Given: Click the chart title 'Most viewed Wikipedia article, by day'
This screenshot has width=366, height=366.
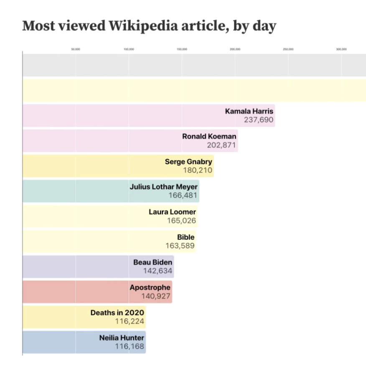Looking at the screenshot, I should pyautogui.click(x=149, y=26).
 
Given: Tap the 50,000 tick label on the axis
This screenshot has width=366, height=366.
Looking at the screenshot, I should pyautogui.click(x=76, y=49).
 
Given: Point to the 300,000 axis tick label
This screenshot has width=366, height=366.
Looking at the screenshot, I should pyautogui.click(x=341, y=49).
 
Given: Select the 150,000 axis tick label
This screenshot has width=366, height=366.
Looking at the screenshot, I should pyautogui.click(x=182, y=49).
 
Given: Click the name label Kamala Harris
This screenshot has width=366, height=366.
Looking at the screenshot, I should pyautogui.click(x=249, y=111).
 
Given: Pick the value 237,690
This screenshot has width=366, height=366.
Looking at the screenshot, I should pyautogui.click(x=259, y=120).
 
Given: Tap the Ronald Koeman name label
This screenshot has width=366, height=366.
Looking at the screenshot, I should pyautogui.click(x=209, y=136).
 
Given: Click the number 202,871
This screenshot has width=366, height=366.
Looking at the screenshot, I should pyautogui.click(x=221, y=145).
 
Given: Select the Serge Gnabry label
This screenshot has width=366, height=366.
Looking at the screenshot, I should pyautogui.click(x=188, y=161).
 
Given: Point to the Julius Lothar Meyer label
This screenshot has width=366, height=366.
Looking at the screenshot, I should pyautogui.click(x=163, y=187).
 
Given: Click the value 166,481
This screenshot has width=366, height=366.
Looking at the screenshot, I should pyautogui.click(x=183, y=196).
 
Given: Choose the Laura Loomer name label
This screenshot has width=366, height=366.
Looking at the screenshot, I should pyautogui.click(x=172, y=212).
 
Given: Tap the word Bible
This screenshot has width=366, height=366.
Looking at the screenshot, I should pyautogui.click(x=186, y=237).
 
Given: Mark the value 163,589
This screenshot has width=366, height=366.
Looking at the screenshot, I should pyautogui.click(x=180, y=246).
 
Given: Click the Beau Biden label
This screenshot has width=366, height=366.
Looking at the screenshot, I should pyautogui.click(x=152, y=262).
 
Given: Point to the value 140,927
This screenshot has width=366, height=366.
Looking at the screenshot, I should pyautogui.click(x=156, y=296).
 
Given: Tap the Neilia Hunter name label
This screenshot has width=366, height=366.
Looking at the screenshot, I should pyautogui.click(x=122, y=338).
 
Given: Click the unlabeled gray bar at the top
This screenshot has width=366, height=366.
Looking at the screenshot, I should pyautogui.click(x=194, y=65).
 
